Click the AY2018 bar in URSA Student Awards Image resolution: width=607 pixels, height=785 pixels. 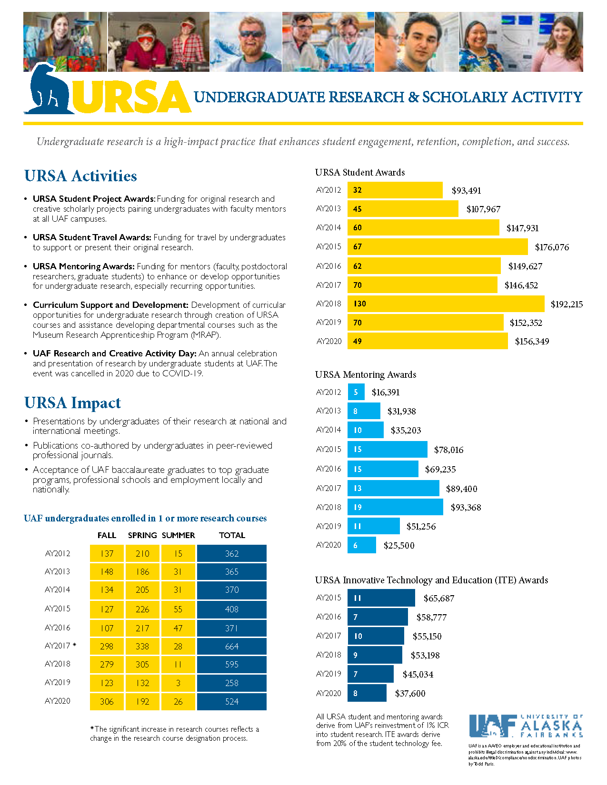coord(446,304)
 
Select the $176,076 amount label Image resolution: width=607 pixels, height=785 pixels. coord(552,247)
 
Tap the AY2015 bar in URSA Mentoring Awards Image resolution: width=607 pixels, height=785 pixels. coord(387,449)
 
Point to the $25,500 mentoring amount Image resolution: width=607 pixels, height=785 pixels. coord(399,545)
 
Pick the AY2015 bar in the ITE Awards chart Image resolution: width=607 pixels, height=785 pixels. coord(381,598)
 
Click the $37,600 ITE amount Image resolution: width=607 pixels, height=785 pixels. coord(410,693)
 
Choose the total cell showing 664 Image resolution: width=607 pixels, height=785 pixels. coord(232,646)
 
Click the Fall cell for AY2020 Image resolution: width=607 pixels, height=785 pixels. coord(107,701)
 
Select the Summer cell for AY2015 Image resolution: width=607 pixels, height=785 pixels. coord(178,609)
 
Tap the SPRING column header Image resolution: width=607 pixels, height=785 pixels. coord(142,535)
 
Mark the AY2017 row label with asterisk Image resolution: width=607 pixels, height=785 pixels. coord(60,646)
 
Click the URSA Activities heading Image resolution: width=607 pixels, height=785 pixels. coord(80,176)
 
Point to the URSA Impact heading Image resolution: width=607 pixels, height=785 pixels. coord(72,402)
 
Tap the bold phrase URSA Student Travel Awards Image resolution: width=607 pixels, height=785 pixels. coord(92,237)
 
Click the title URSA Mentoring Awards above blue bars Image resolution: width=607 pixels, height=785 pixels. coord(366,374)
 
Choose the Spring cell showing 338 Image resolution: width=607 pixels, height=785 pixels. coord(142,646)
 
